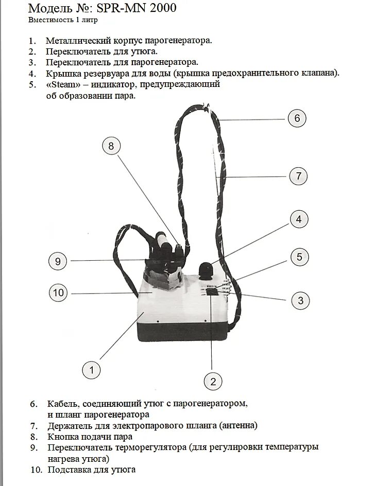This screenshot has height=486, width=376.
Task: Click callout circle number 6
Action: [x=297, y=118]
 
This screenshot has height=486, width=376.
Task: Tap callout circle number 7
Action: [x=298, y=176]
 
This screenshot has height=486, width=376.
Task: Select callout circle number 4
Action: [x=298, y=220]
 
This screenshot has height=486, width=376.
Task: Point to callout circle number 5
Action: [x=299, y=257]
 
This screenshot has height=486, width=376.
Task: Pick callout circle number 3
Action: [x=301, y=300]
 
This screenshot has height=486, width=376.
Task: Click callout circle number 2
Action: [x=213, y=381]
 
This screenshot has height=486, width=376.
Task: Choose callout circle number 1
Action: [x=92, y=369]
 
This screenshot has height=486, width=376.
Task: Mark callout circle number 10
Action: [x=58, y=293]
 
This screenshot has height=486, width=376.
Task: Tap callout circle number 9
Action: [x=58, y=261]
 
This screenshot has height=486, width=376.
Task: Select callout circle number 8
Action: [x=111, y=147]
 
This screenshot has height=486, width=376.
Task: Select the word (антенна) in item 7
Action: [x=238, y=426]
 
